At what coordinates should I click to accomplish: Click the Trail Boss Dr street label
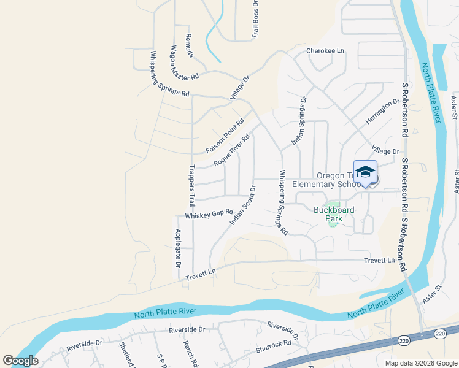[255, 19]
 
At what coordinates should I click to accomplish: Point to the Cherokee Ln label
[325, 51]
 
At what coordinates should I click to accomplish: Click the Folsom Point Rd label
[225, 136]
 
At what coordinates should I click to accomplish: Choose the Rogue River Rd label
[232, 150]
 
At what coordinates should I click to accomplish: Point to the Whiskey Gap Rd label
[209, 214]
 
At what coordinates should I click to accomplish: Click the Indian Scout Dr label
[242, 204]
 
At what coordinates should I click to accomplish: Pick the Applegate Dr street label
[177, 248]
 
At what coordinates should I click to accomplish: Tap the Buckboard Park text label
[334, 210]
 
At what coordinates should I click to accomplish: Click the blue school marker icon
[365, 172]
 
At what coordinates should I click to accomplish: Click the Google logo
[20, 361]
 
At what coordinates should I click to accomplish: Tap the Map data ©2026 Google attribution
[421, 363]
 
